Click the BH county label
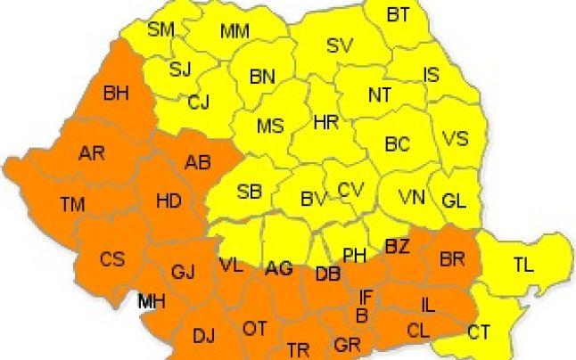click(x=117, y=92)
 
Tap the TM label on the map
click(x=72, y=205)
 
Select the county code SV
click(x=340, y=45)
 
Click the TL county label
click(x=524, y=264)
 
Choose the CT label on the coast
click(x=479, y=332)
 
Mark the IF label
click(x=365, y=296)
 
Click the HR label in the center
click(x=326, y=122)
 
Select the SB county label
click(x=250, y=191)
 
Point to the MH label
click(x=151, y=302)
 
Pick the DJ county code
click(x=204, y=336)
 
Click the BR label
click(x=453, y=259)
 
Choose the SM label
click(x=160, y=29)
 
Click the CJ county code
click(x=198, y=102)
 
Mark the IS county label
click(x=431, y=75)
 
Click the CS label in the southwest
click(x=112, y=259)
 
